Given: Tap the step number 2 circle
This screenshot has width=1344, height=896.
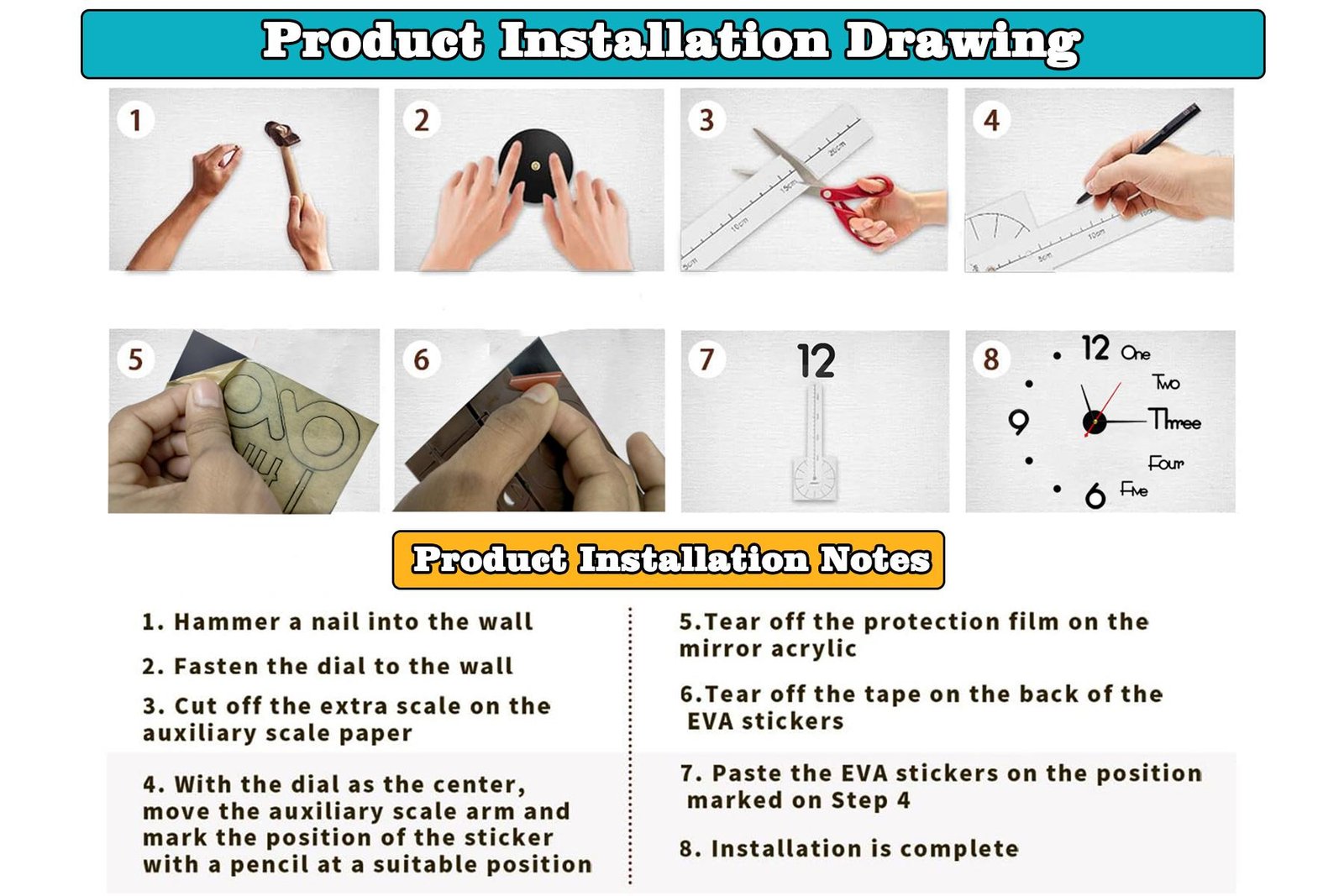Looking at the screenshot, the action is tap(422, 120).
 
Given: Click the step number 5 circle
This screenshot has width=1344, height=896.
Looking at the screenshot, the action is tap(135, 360).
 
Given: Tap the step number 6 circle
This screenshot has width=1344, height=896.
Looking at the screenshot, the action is tap(422, 360).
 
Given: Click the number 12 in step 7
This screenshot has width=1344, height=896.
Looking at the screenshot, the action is tap(816, 360).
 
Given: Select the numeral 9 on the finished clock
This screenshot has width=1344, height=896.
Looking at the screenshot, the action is tap(1019, 422).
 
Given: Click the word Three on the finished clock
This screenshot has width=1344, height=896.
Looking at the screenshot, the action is tap(1175, 420).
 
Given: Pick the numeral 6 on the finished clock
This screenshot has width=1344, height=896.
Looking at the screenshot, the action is tap(1095, 495).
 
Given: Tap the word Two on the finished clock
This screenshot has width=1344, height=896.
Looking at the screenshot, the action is tap(1166, 383).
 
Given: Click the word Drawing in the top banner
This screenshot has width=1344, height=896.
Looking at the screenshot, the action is tap(963, 42).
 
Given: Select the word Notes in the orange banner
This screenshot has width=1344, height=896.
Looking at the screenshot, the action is tap(874, 560).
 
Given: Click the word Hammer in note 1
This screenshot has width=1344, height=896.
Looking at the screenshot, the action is tap(228, 622).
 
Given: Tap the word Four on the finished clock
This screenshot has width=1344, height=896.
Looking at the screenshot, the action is tap(1166, 463).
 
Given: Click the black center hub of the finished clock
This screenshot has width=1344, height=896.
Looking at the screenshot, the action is tap(1095, 422).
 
